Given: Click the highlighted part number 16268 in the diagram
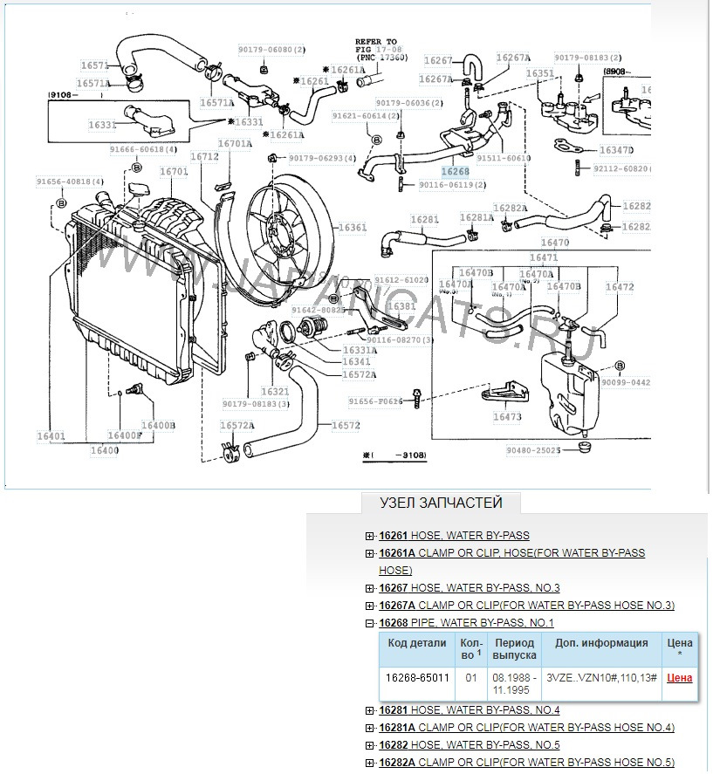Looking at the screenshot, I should (x=455, y=172).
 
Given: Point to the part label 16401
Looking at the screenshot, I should (x=51, y=435).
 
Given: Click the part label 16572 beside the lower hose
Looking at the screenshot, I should (x=346, y=426).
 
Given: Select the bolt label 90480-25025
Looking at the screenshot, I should (x=534, y=450).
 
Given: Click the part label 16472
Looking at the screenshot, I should (x=619, y=286).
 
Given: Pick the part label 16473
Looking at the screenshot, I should (x=507, y=417).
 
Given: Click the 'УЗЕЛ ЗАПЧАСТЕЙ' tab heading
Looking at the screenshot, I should (x=441, y=503).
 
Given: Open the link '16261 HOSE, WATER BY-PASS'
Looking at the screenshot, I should (x=454, y=536).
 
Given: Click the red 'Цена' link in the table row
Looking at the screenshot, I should (x=679, y=677).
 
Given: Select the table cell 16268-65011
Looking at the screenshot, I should (x=417, y=677).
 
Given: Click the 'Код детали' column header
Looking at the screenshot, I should (x=417, y=643).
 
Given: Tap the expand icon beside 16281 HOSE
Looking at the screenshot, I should (x=370, y=710).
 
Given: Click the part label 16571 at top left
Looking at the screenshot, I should (x=93, y=65).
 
